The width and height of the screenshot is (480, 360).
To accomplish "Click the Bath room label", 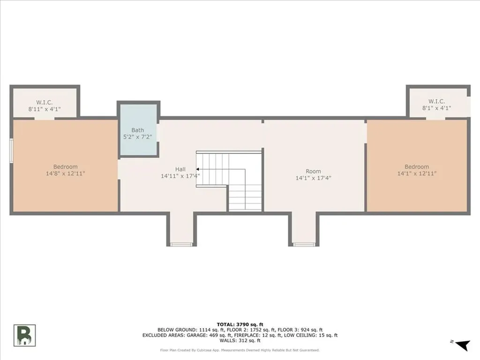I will pyautogui.click(x=138, y=130).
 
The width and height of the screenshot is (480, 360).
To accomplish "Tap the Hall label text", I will pyautogui.click(x=180, y=169).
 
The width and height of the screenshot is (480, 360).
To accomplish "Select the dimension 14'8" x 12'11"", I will pyautogui.click(x=65, y=174).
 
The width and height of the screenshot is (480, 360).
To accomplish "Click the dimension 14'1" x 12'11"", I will pyautogui.click(x=417, y=174).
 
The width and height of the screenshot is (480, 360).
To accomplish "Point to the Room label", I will pyautogui.click(x=313, y=172).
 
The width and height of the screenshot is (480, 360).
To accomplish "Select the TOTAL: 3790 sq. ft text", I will pyautogui.click(x=240, y=324).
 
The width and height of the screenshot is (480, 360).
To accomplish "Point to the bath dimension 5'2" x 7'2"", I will pyautogui.click(x=138, y=137).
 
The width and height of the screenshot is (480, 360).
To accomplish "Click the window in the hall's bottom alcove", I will pyautogui.click(x=181, y=244).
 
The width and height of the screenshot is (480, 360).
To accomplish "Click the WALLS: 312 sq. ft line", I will pyautogui.click(x=240, y=341).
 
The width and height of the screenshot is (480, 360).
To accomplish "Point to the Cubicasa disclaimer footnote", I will pyautogui.click(x=240, y=350).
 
